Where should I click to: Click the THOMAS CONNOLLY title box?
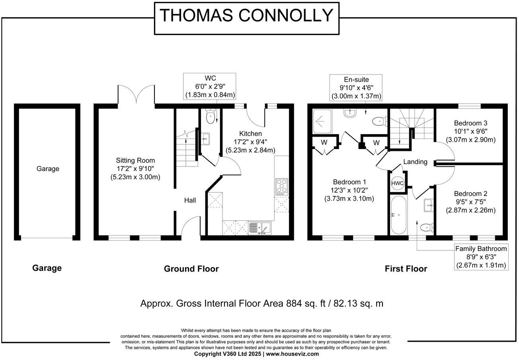click(246, 16)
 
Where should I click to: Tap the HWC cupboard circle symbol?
click(397, 183)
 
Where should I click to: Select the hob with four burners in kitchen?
click(281, 186)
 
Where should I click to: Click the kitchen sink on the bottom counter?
click(259, 228)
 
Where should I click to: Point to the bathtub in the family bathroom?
click(398, 215)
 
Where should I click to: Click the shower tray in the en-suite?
click(324, 121)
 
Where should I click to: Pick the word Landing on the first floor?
click(415, 162)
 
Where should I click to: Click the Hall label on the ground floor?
click(190, 200)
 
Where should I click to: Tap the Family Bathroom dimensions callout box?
click(481, 257)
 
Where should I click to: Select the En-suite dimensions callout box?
click(356, 87)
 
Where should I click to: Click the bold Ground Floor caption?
click(191, 269)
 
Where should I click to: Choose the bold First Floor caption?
click(406, 269)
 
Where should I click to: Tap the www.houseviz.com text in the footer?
click(292, 354)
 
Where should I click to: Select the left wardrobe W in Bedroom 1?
click(324, 142)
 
